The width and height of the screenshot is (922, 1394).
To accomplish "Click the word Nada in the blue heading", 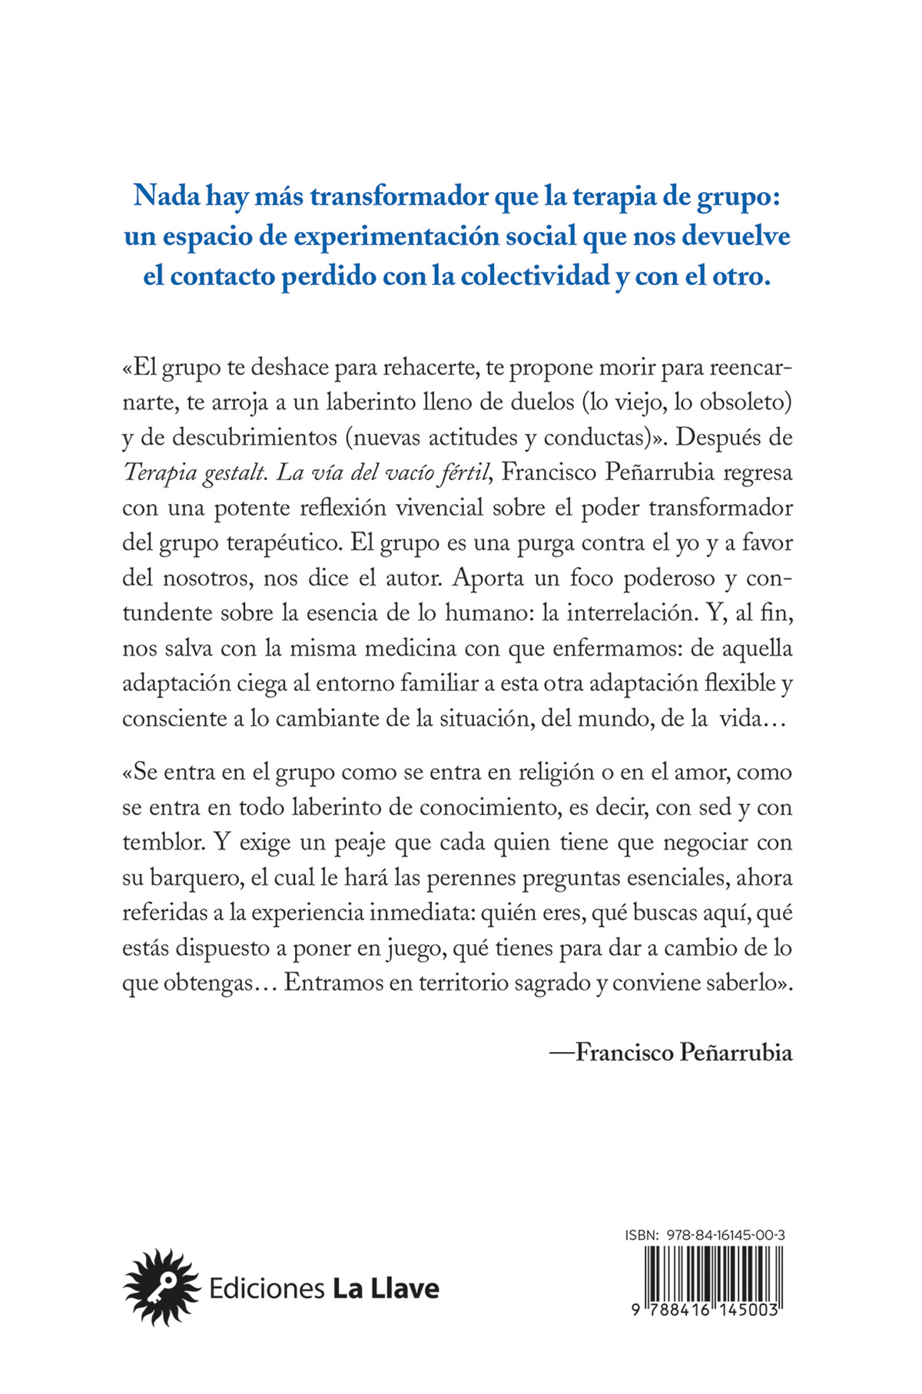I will pyautogui.click(x=159, y=197).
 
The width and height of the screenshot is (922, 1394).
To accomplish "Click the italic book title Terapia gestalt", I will pyautogui.click(x=194, y=472).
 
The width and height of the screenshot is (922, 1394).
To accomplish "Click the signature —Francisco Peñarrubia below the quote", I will pyautogui.click(x=671, y=1052).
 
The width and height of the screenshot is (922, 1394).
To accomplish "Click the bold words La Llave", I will pyautogui.click(x=386, y=1288).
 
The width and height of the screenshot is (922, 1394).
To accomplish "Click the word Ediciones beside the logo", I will pyautogui.click(x=266, y=1288).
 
